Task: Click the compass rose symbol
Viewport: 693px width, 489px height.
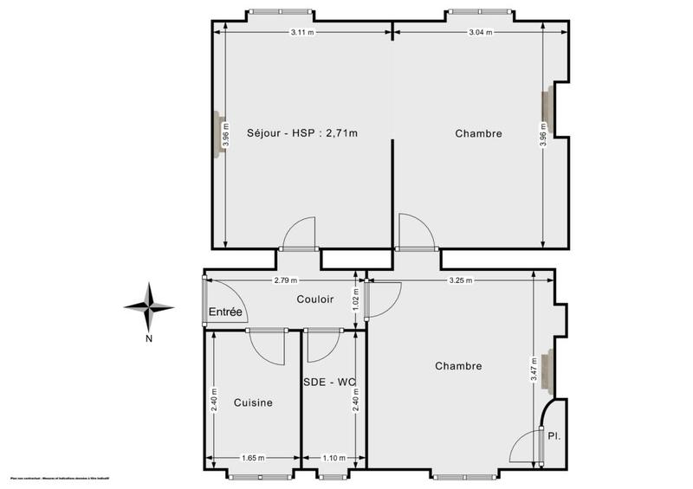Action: click(x=149, y=305)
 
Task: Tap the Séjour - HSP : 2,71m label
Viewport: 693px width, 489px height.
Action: click(x=301, y=133)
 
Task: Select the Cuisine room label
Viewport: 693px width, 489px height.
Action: click(x=253, y=402)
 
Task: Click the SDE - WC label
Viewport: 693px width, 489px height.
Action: click(x=330, y=382)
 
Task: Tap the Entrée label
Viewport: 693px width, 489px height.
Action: click(x=224, y=312)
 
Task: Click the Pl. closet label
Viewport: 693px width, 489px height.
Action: click(x=554, y=436)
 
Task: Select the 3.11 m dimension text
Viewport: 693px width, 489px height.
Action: click(x=302, y=33)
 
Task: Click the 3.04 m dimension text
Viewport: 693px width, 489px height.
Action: click(x=480, y=33)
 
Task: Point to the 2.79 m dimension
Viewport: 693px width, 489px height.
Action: click(x=285, y=280)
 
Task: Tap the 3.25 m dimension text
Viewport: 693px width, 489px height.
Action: click(x=462, y=280)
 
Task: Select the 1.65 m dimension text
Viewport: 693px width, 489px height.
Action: click(x=253, y=458)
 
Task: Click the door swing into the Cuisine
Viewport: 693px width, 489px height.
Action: click(x=268, y=346)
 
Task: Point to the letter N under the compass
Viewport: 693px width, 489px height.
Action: click(x=149, y=338)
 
